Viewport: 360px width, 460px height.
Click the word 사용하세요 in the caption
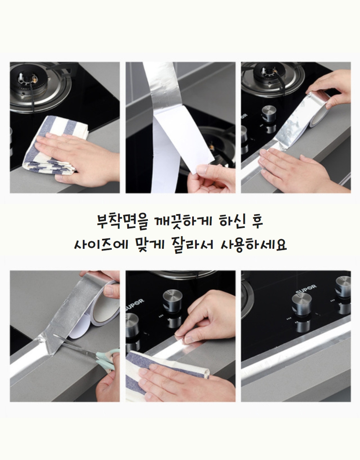point(253,244)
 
